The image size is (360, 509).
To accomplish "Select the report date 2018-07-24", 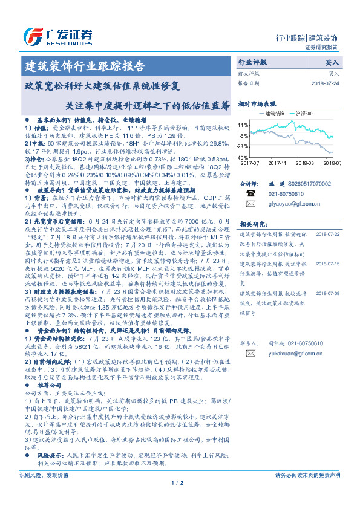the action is (326, 82).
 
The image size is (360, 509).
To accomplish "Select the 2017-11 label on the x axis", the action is (277, 163).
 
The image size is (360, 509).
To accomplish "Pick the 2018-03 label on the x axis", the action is (304, 163).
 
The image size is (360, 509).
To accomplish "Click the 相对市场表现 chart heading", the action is (257, 103).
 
